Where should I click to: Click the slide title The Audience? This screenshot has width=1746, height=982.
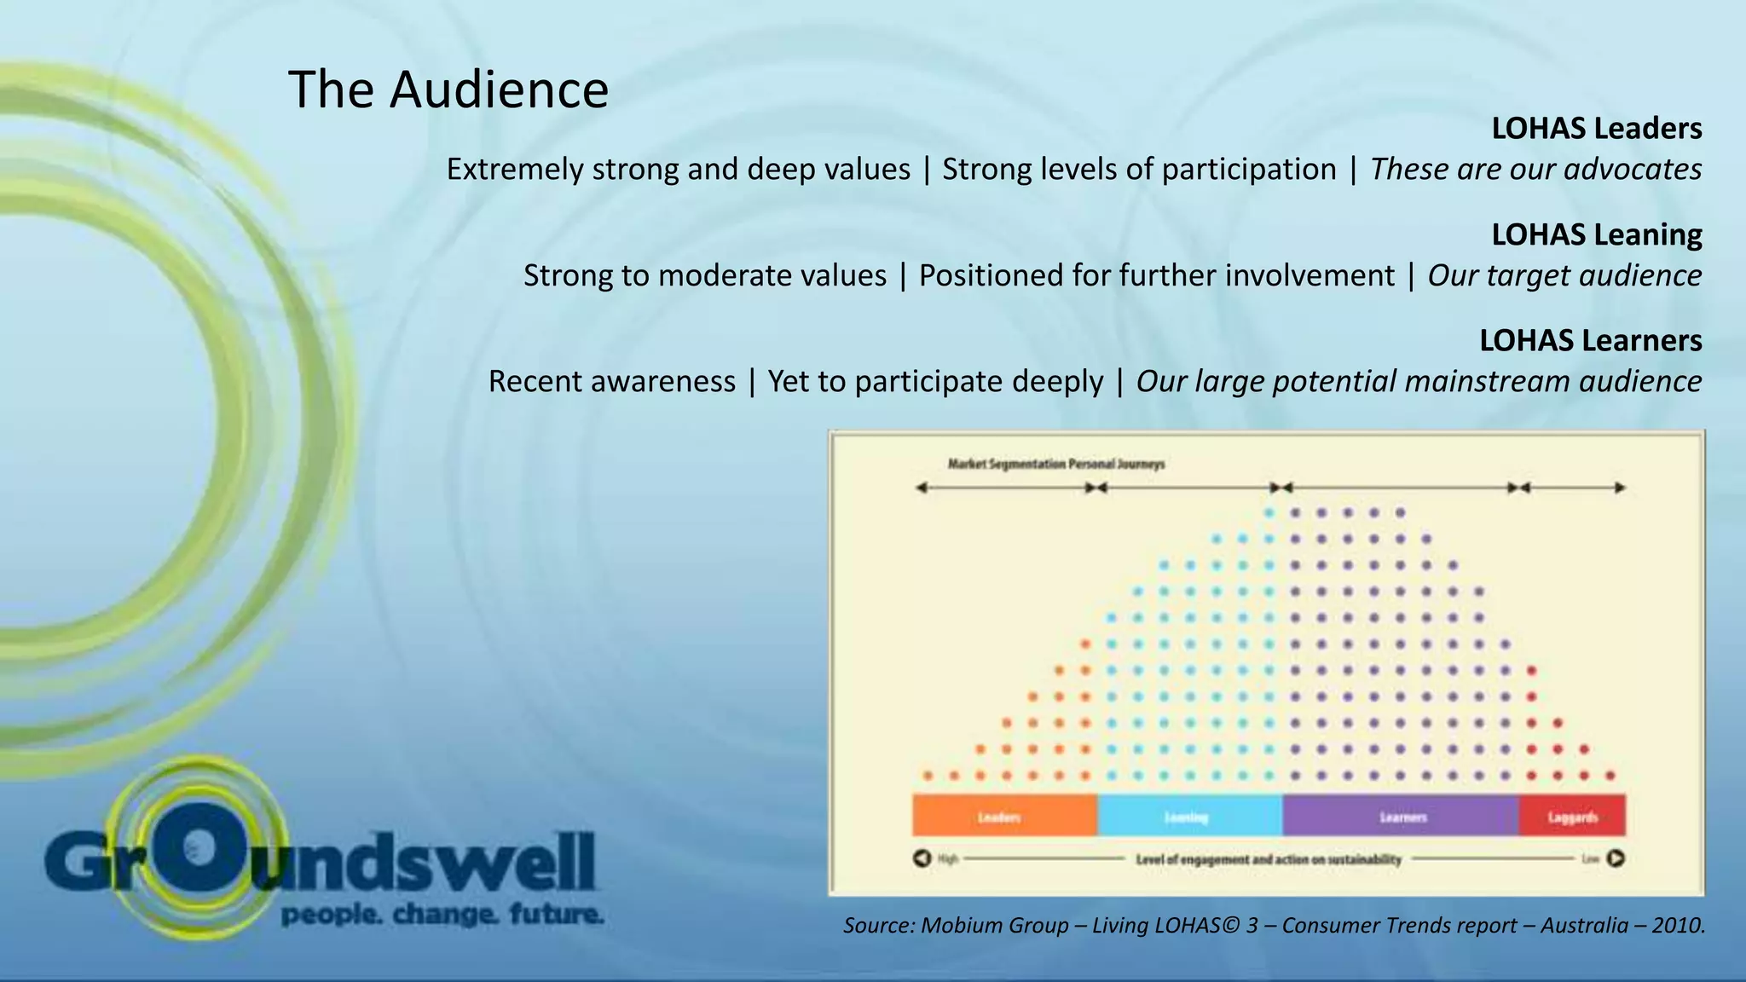coord(448,90)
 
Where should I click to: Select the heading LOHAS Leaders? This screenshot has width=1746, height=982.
coord(1596,129)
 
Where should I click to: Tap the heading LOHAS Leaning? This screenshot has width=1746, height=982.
coord(1596,234)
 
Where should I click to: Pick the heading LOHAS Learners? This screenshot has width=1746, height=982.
coord(1590,340)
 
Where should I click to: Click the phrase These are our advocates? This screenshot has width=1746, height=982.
coord(1535,170)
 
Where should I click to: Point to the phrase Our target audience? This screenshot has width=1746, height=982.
coord(1564,275)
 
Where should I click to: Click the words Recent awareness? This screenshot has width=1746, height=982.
coord(611,381)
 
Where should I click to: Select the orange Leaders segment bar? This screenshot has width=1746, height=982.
coord(1004,816)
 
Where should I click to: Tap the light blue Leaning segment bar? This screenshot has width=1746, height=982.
coord(1189,816)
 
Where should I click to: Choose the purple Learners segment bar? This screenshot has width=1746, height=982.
coord(1400,816)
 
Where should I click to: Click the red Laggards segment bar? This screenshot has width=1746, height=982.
coord(1572,816)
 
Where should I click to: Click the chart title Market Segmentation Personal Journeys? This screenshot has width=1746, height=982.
coord(1055,465)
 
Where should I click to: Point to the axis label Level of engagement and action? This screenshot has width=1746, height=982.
coord(1268,859)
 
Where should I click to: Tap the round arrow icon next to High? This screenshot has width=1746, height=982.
coord(922,858)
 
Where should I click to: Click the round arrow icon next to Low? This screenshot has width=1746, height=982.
coord(1616,858)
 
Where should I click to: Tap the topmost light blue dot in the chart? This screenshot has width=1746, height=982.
coord(1269,513)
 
